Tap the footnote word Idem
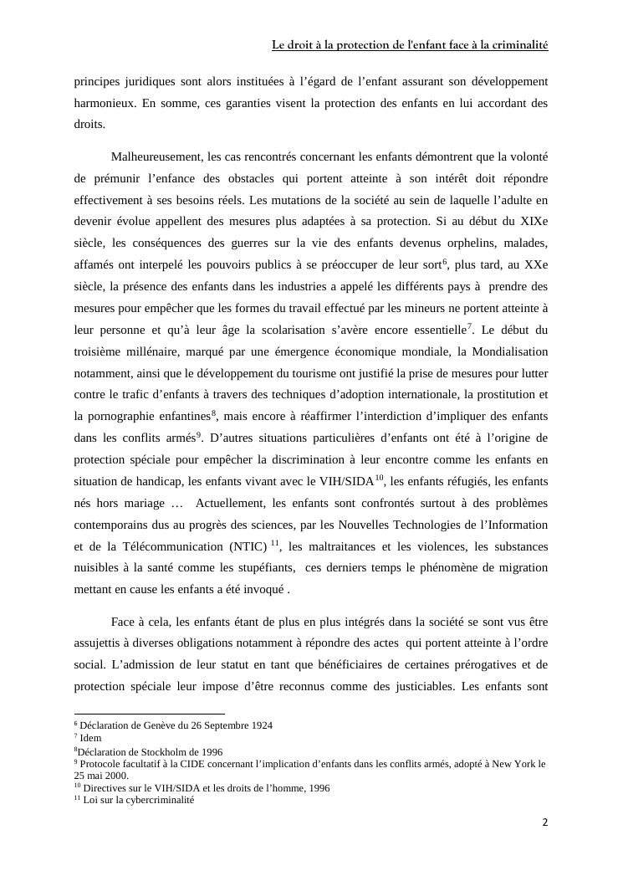tap(90, 738)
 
